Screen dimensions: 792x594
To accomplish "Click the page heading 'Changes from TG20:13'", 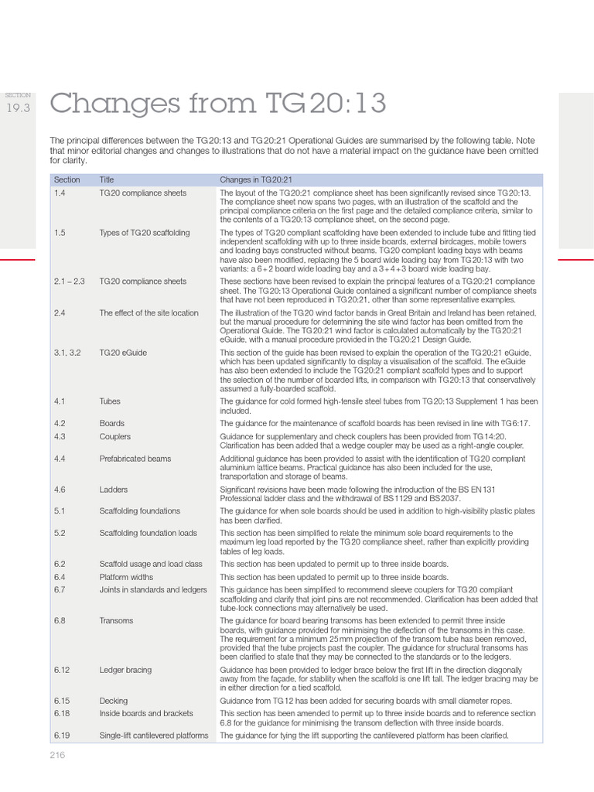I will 217,103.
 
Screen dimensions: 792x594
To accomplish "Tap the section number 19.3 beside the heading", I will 18,108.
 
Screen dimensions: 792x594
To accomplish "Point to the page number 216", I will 57,755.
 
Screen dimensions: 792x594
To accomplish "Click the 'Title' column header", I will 107,179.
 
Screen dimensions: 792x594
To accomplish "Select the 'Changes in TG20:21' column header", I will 255,179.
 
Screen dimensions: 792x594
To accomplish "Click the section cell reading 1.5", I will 60,233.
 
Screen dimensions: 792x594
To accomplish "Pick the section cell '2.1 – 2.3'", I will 70,282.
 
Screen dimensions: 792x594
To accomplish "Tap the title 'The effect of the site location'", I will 148,313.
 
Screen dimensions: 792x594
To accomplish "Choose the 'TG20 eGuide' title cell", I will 123,353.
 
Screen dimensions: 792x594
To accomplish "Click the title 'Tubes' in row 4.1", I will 110,402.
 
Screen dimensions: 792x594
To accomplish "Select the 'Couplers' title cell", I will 114,437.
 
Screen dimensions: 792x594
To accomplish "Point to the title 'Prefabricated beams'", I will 135,459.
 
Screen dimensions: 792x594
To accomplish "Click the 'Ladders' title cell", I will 113,490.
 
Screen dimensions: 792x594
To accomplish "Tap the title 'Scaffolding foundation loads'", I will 149,533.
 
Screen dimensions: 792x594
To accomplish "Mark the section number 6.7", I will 60,589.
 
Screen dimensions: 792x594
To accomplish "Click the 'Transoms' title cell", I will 116,620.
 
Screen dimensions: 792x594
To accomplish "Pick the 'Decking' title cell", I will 114,701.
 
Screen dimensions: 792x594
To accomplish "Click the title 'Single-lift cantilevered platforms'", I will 154,736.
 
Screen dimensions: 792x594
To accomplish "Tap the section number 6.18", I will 62,714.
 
